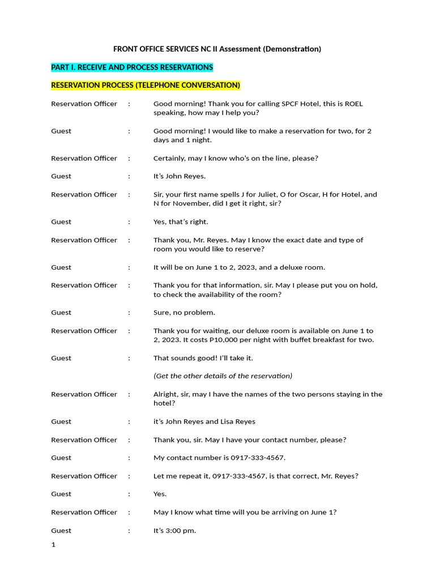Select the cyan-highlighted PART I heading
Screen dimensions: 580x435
click(132, 67)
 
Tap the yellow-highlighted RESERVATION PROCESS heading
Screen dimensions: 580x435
click(146, 86)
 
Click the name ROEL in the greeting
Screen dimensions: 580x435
click(353, 104)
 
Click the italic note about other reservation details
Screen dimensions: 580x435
click(223, 376)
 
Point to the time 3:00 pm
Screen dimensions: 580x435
click(180, 531)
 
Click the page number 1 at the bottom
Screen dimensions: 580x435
click(53, 545)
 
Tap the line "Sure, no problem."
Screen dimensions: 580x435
click(184, 312)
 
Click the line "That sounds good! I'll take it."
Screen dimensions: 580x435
click(203, 358)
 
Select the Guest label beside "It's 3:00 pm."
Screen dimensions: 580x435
click(61, 531)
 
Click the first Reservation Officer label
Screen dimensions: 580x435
click(84, 104)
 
